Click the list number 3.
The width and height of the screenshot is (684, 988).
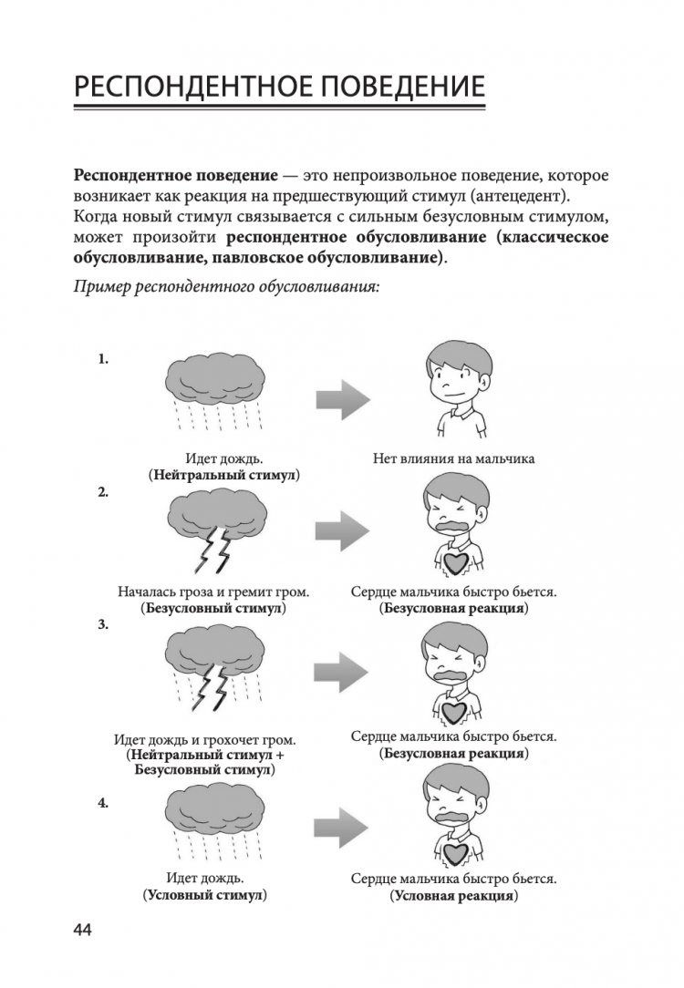(103, 625)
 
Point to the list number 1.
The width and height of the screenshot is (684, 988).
(103, 359)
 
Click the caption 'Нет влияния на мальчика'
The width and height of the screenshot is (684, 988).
(453, 458)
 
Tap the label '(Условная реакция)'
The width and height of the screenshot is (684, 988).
(453, 896)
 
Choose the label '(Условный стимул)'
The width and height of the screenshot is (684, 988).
(204, 896)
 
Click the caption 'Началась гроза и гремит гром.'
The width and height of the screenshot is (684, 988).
(213, 592)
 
